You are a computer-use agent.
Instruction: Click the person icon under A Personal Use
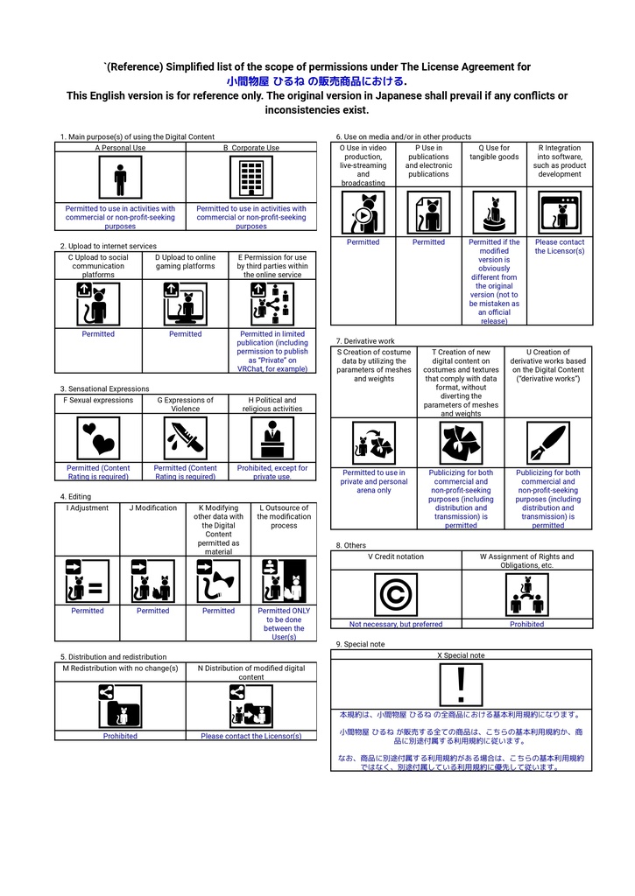click(120, 179)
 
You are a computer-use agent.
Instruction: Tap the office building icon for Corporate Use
click(251, 179)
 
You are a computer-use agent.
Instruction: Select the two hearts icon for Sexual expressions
click(98, 437)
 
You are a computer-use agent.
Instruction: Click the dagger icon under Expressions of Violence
click(185, 437)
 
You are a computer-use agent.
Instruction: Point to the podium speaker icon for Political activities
click(272, 437)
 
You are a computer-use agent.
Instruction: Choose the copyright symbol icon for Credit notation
click(396, 595)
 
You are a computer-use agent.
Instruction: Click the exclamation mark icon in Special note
click(461, 684)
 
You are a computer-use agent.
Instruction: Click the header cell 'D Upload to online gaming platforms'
click(185, 262)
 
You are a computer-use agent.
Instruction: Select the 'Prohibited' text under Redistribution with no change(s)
click(120, 736)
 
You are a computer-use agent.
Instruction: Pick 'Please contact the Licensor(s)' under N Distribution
click(251, 736)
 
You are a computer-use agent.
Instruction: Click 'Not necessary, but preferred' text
click(396, 624)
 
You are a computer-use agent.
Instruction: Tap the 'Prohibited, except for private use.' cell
click(272, 472)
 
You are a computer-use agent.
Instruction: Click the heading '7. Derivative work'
click(365, 340)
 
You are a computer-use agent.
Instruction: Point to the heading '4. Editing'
click(75, 496)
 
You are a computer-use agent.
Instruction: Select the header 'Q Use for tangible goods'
click(494, 153)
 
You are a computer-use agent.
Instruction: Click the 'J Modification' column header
click(152, 507)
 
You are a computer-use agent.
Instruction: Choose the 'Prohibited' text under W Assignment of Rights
click(526, 624)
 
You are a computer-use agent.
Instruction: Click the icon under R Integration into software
click(560, 213)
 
